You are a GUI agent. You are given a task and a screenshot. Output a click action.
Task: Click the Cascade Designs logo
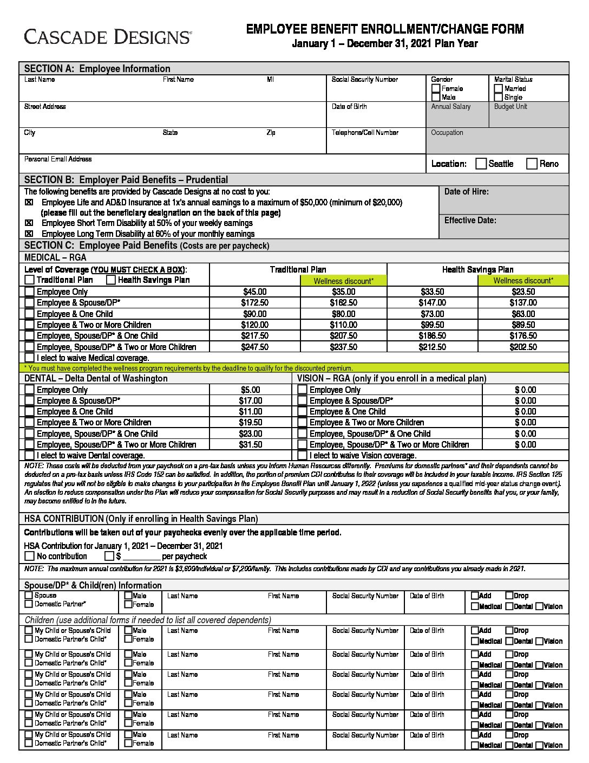[107, 37]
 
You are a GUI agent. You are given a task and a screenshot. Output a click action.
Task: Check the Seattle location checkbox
[481, 164]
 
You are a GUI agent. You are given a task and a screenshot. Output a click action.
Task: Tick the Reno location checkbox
[532, 164]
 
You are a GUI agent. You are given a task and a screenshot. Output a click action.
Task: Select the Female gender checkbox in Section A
[436, 88]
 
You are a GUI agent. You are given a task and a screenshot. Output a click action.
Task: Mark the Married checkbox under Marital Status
[499, 88]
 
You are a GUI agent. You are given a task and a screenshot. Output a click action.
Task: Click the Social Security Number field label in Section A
[364, 80]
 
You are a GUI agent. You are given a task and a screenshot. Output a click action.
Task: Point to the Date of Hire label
[466, 192]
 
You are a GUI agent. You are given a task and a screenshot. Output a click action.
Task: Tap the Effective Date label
[470, 221]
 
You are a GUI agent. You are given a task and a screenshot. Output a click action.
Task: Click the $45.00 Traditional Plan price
[254, 292]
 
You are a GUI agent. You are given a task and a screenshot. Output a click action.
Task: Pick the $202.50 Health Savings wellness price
[523, 347]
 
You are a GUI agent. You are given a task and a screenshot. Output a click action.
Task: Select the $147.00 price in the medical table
[432, 302]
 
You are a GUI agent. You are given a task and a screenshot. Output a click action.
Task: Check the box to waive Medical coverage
[29, 358]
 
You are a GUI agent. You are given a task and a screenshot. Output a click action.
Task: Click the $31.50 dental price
[250, 444]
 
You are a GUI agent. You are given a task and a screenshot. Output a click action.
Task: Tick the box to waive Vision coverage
[302, 456]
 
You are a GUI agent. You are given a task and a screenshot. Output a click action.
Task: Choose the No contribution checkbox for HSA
[29, 556]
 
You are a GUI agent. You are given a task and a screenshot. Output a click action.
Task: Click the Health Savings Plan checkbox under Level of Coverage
[111, 280]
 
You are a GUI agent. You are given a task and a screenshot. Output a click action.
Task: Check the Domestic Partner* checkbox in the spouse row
[29, 604]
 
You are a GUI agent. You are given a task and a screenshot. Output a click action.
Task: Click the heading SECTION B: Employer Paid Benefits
[126, 180]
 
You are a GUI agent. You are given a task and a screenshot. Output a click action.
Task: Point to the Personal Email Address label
[58, 159]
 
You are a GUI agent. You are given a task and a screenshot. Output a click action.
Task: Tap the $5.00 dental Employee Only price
[250, 390]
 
